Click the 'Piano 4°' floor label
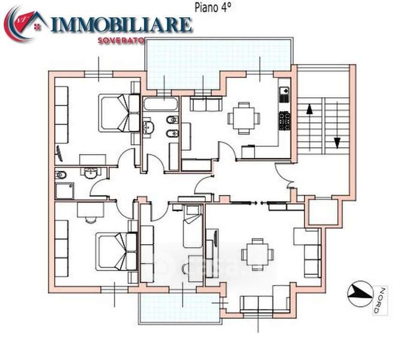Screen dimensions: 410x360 click(x=213, y=8)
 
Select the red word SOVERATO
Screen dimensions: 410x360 click(x=121, y=41)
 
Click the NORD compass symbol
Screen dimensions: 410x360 click(x=360, y=294)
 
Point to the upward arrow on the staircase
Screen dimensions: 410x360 click(x=310, y=109)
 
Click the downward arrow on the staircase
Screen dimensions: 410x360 click(x=337, y=143)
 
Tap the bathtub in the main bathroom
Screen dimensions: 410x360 click(x=160, y=104)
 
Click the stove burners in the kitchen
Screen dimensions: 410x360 click(x=285, y=121)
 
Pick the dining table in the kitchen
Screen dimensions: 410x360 click(x=244, y=118)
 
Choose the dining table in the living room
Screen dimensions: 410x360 click(x=258, y=254)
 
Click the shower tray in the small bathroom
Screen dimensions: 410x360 click(x=65, y=191)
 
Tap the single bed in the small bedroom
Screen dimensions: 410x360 click(x=193, y=226)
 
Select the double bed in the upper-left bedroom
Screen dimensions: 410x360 click(x=119, y=113)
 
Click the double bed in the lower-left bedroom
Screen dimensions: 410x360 click(x=116, y=251)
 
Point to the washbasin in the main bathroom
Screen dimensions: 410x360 click(x=148, y=127)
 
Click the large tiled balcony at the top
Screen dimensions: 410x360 click(x=219, y=63)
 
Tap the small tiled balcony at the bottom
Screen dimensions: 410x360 click(x=179, y=308)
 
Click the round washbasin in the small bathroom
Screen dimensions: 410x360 click(x=91, y=173)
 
